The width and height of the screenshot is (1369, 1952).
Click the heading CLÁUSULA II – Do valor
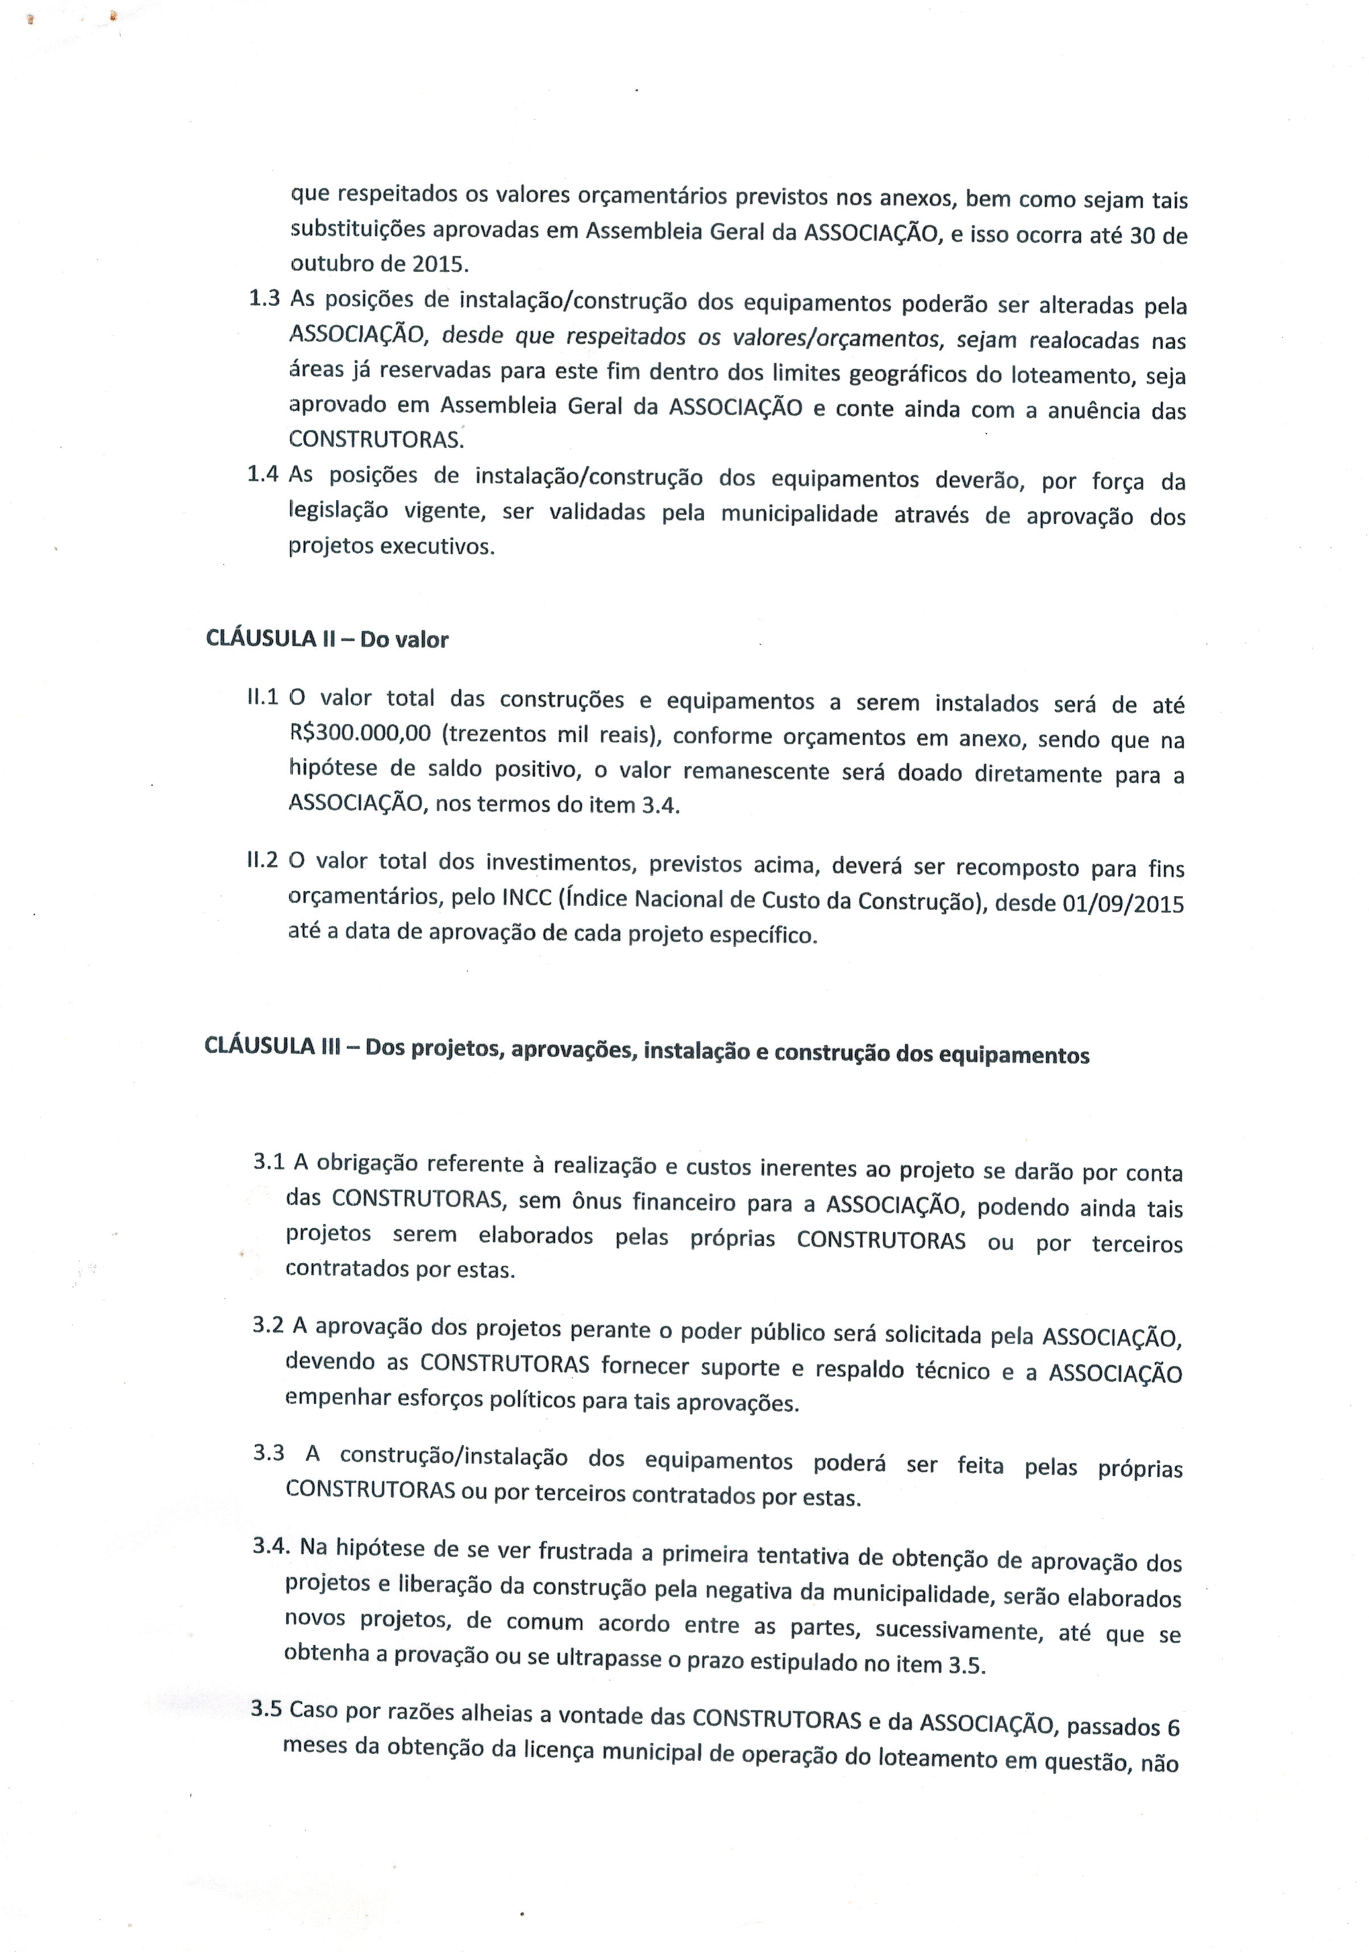[327, 639]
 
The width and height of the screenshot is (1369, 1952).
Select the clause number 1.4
[263, 474]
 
